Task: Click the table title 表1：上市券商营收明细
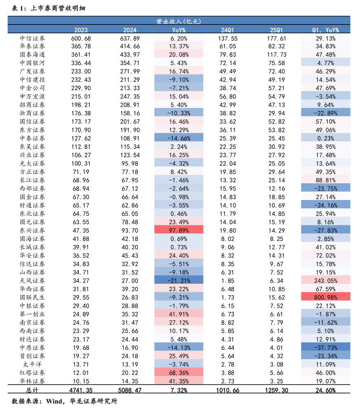pos(49,8)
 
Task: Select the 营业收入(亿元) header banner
pos(179,21)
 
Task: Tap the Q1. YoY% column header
pos(325,30)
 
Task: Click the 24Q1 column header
pos(227,30)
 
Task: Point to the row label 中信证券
pos(33,38)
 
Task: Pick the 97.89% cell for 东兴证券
pos(179,231)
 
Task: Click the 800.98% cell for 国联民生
pos(325,297)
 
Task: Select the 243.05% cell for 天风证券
pos(325,281)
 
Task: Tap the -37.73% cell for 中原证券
pos(325,347)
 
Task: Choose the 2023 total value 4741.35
pos(81,390)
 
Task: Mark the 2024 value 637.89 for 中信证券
pos(130,38)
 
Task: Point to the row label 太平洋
pos(33,364)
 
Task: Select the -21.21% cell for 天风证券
pos(179,281)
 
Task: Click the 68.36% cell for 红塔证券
pos(179,373)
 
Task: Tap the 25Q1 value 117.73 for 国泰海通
pos(276,55)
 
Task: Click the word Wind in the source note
pos(54,402)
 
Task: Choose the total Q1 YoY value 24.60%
pos(325,390)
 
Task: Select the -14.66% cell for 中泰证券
pos(179,138)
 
